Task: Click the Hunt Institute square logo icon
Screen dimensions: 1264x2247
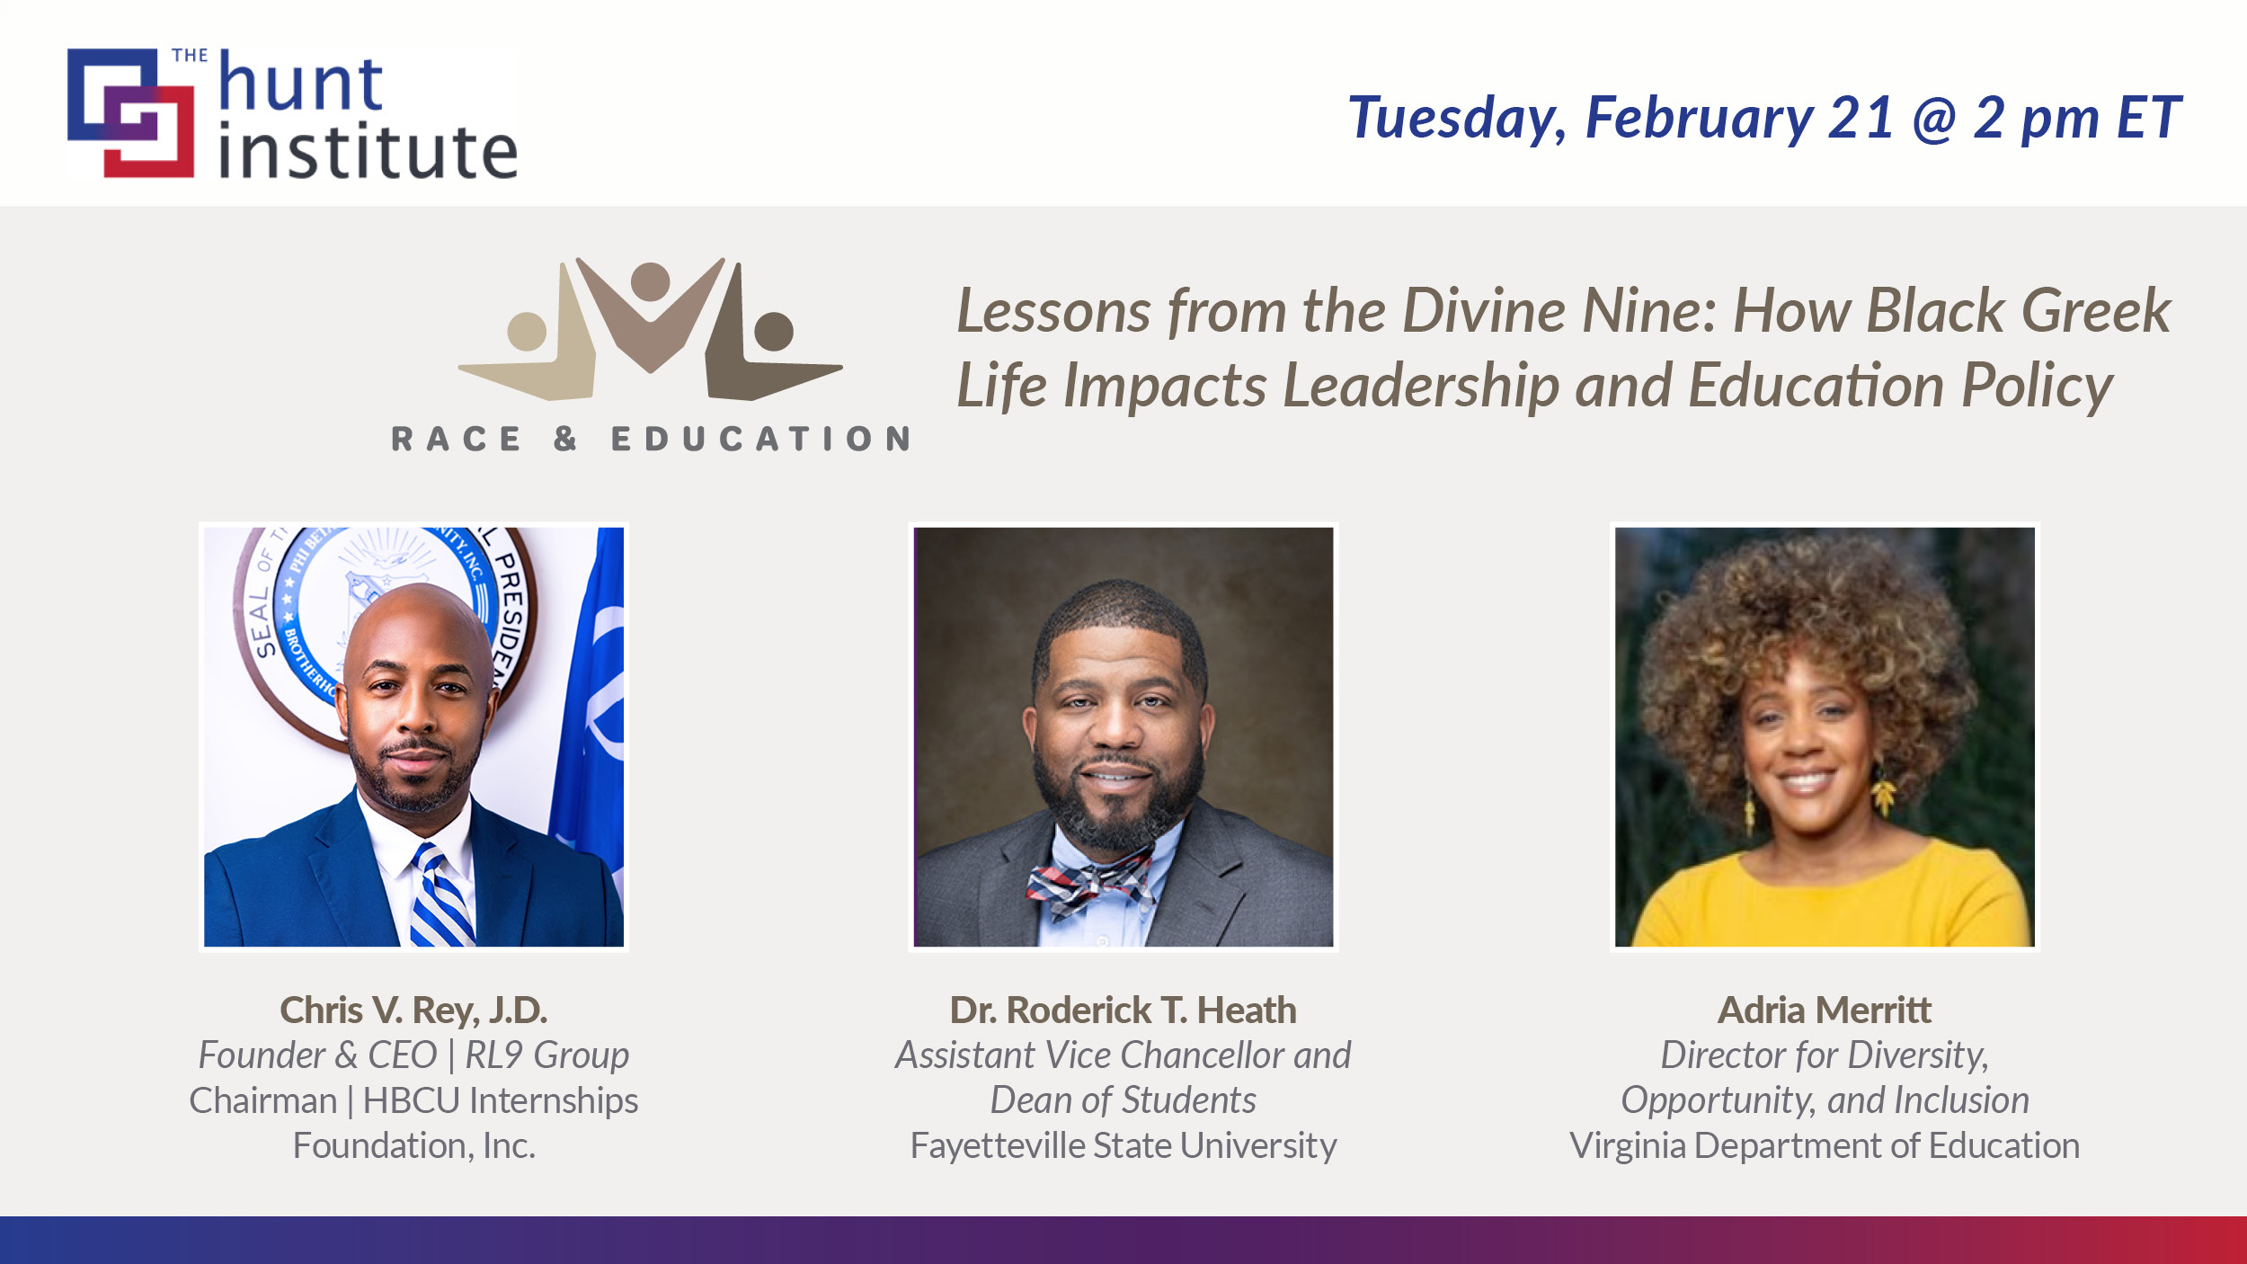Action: click(131, 112)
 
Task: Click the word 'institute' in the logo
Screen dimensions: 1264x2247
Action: click(368, 151)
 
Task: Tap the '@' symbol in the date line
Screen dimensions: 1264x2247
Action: click(1935, 118)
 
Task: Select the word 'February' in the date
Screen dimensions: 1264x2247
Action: click(1699, 118)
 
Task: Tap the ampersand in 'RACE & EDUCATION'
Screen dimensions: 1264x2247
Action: click(565, 439)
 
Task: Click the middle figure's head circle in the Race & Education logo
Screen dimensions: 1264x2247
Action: click(650, 281)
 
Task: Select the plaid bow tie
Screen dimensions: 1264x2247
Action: click(1090, 880)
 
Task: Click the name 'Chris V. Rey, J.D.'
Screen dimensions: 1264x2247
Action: click(413, 1010)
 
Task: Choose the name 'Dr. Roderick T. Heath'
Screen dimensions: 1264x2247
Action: click(1123, 1010)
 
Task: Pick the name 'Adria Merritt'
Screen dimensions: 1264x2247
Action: click(1824, 1010)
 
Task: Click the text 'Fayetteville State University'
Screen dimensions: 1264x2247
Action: click(1123, 1146)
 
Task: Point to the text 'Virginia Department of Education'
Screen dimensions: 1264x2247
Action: click(1824, 1146)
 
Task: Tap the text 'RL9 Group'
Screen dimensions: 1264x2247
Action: click(546, 1055)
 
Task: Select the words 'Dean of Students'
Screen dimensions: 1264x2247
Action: click(1123, 1100)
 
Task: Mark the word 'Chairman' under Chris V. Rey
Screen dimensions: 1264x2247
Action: click(262, 1101)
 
